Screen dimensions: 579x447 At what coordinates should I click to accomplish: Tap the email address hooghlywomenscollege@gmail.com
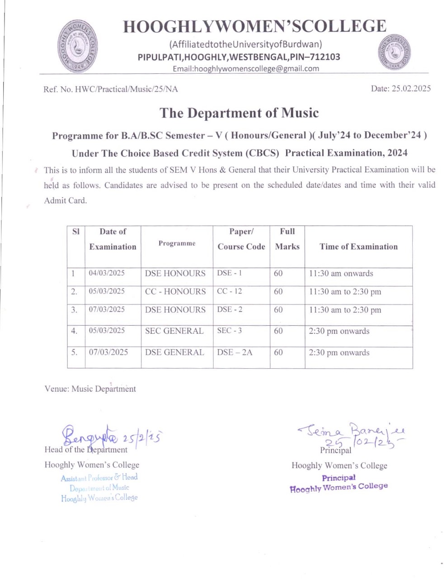pyautogui.click(x=246, y=69)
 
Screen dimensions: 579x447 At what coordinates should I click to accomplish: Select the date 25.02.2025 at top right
pyautogui.click(x=400, y=89)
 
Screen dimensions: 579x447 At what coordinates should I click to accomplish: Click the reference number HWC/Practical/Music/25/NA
pyautogui.click(x=111, y=89)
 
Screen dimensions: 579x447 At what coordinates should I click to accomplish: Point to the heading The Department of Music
pyautogui.click(x=239, y=113)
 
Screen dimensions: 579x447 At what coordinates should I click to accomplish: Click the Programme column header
pyautogui.click(x=177, y=243)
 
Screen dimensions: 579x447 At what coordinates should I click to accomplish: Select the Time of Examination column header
pyautogui.click(x=358, y=247)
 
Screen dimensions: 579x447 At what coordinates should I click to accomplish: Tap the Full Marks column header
pyautogui.click(x=287, y=239)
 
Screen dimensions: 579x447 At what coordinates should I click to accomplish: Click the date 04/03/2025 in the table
pyautogui.click(x=107, y=273)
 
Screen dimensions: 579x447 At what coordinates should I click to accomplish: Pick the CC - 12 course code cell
pyautogui.click(x=229, y=291)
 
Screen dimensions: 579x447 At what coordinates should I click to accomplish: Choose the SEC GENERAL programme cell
pyautogui.click(x=174, y=331)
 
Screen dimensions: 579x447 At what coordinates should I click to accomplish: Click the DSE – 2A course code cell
pyautogui.click(x=235, y=352)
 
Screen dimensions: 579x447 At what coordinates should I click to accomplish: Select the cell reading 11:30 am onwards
pyautogui.click(x=341, y=273)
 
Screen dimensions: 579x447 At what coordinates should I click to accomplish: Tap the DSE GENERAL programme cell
pyautogui.click(x=174, y=352)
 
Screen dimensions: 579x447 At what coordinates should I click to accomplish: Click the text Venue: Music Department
pyautogui.click(x=90, y=389)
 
